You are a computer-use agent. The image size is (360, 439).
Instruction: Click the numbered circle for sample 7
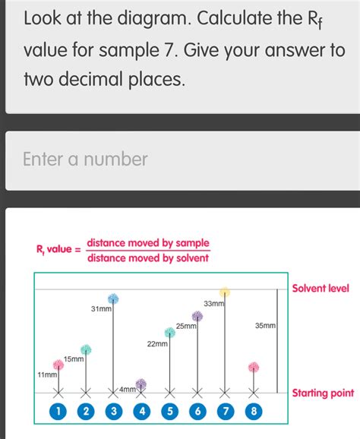click(x=226, y=411)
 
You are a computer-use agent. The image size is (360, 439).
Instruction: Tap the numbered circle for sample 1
click(x=58, y=411)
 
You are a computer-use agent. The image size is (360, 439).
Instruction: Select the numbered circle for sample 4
click(x=141, y=411)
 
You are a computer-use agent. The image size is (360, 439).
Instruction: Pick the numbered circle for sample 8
click(x=254, y=411)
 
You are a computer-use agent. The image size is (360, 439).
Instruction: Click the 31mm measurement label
click(x=101, y=308)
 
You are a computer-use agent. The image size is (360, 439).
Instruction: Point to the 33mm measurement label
click(x=214, y=304)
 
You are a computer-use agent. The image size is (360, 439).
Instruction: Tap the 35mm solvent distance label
click(x=265, y=325)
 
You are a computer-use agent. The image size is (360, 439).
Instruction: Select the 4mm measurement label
click(x=127, y=389)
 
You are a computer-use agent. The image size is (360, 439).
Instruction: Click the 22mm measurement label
click(x=157, y=344)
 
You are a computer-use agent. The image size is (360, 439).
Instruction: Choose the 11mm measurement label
click(x=47, y=375)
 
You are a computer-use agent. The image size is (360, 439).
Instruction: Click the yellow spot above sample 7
click(x=225, y=292)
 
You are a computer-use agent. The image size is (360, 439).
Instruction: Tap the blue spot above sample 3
click(x=113, y=297)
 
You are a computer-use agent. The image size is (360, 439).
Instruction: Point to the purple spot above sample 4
click(x=141, y=384)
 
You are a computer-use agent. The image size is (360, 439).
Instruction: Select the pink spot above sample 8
click(x=254, y=368)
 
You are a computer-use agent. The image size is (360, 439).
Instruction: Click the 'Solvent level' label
click(x=320, y=289)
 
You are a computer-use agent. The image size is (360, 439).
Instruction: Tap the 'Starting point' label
click(x=323, y=393)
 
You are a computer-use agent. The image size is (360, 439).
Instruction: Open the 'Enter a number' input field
click(x=180, y=159)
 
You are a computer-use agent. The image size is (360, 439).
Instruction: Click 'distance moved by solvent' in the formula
click(x=147, y=257)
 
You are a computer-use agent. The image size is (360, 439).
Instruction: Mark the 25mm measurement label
click(x=186, y=326)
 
